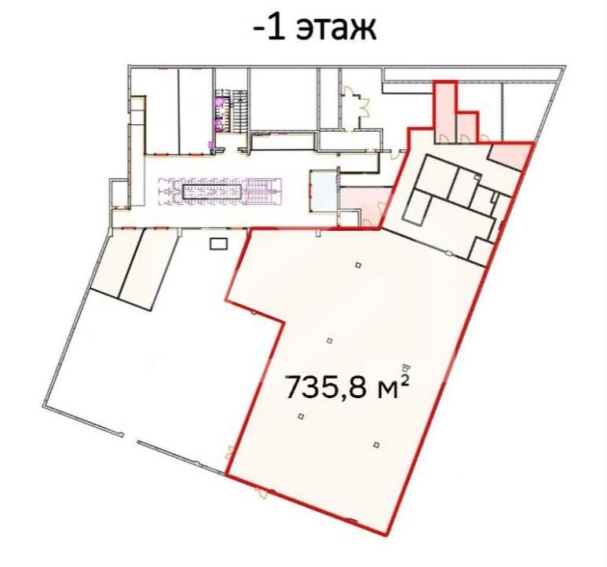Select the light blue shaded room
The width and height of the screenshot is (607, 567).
pyautogui.click(x=324, y=190)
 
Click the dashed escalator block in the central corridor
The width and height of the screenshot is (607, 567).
pyautogui.click(x=220, y=191)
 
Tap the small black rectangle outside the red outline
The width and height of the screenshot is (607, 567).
pyautogui.click(x=219, y=243)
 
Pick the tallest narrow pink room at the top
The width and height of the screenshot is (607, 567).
pyautogui.click(x=444, y=112)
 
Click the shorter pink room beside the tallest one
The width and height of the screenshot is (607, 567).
pyautogui.click(x=467, y=128)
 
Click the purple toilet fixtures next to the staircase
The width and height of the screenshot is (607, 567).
pyautogui.click(x=220, y=112)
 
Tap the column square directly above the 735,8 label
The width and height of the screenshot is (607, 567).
pyautogui.click(x=330, y=341)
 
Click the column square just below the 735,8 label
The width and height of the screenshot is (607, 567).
pyautogui.click(x=301, y=416)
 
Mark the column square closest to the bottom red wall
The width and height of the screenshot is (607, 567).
pyautogui.click(x=376, y=444)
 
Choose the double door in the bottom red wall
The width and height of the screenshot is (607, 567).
pyautogui.click(x=261, y=492)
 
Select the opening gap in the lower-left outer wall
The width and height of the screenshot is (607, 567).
pyautogui.click(x=131, y=438)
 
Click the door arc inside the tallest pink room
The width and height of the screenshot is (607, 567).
pyautogui.click(x=444, y=138)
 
